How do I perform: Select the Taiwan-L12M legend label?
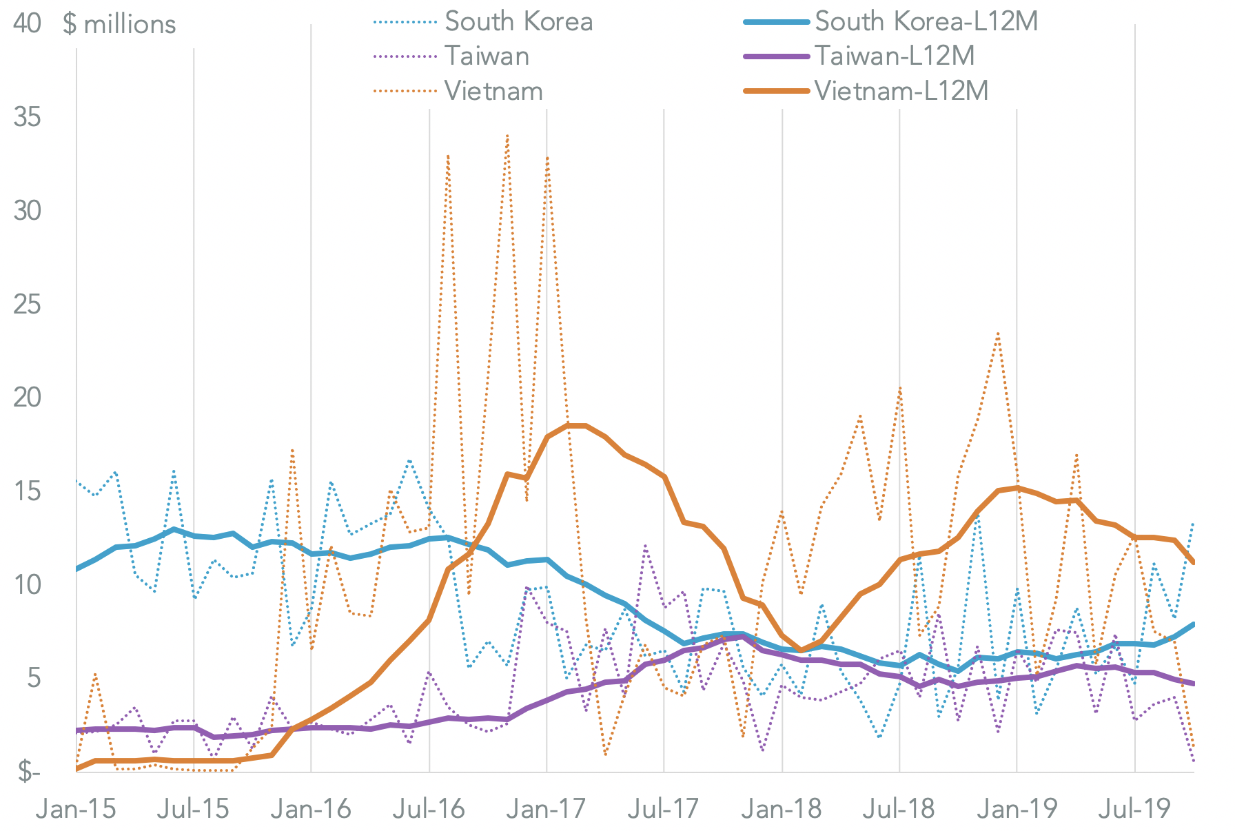pyautogui.click(x=895, y=56)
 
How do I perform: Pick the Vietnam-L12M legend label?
pyautogui.click(x=901, y=90)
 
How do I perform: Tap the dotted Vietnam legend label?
pyautogui.click(x=493, y=90)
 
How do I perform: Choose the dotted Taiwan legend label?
pyautogui.click(x=487, y=56)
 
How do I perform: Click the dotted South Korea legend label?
pyautogui.click(x=518, y=21)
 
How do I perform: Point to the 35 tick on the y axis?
pyautogui.click(x=27, y=117)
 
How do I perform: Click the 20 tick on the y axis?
pyautogui.click(x=27, y=398)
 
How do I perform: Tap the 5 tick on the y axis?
pyautogui.click(x=33, y=678)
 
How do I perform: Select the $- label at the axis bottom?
pyautogui.click(x=28, y=772)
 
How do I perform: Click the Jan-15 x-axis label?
pyautogui.click(x=76, y=808)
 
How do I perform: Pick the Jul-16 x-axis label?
pyautogui.click(x=429, y=808)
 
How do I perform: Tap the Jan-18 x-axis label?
pyautogui.click(x=782, y=808)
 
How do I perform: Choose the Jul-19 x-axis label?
pyautogui.click(x=1134, y=808)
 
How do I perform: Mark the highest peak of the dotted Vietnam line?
pyautogui.click(x=507, y=136)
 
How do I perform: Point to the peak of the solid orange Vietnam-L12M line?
pyautogui.click(x=576, y=425)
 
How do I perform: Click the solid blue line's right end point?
pyautogui.click(x=1193, y=624)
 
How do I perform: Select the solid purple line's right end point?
pyautogui.click(x=1193, y=684)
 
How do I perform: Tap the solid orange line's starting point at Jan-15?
pyautogui.click(x=76, y=768)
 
